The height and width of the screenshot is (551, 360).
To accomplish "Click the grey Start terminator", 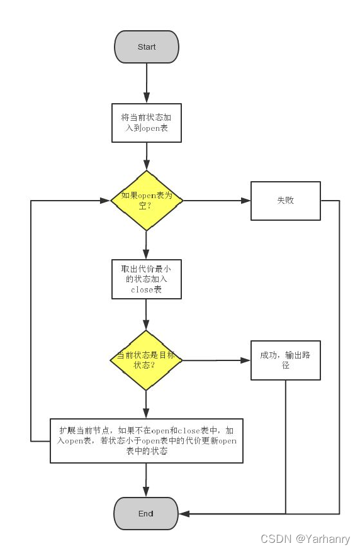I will (147, 47).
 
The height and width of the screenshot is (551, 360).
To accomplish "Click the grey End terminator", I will (146, 513).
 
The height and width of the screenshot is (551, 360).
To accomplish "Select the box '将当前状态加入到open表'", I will (147, 123).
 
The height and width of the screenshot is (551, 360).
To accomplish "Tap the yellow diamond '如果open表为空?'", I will (147, 200).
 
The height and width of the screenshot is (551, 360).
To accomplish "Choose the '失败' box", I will (285, 201).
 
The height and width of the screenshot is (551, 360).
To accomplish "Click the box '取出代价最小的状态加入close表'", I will (147, 279).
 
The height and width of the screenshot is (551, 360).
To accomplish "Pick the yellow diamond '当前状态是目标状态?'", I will (147, 360).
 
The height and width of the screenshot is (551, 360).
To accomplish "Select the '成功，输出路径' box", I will (285, 360).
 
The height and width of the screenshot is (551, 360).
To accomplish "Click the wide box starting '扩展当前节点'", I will (147, 440).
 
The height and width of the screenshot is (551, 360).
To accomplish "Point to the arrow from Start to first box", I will (147, 83).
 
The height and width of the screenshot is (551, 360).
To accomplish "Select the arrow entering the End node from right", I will (189, 514).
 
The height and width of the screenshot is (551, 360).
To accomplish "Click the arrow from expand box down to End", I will (147, 480).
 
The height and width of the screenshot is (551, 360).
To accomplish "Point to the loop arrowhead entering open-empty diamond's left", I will (104, 201).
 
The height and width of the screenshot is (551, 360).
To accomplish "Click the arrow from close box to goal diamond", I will (147, 314).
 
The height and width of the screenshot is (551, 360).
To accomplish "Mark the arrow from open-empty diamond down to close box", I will (147, 245).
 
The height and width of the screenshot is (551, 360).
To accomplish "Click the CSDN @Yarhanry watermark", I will (305, 539).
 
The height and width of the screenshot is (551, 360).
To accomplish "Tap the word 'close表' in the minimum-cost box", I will (146, 290).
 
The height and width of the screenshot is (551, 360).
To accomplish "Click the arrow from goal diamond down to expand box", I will (147, 404).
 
